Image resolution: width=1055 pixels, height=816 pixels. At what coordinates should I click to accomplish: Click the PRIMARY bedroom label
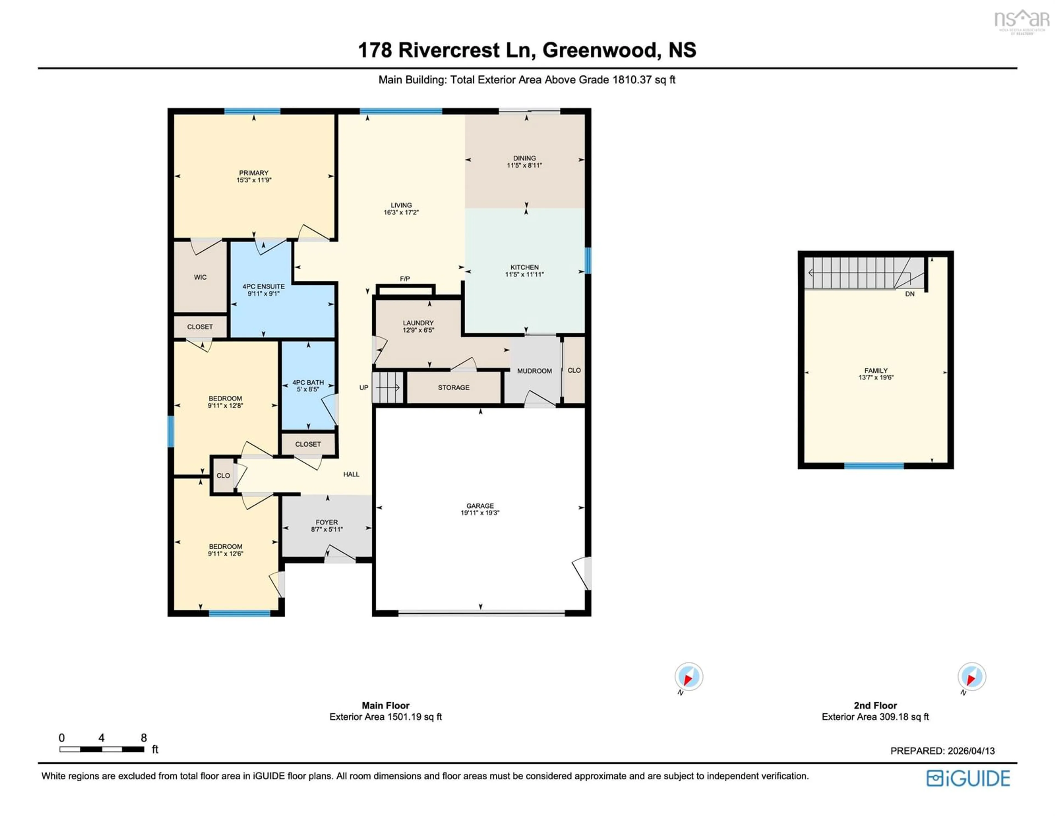[x=254, y=173]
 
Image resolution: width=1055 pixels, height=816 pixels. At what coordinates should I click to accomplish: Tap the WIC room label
[x=200, y=277]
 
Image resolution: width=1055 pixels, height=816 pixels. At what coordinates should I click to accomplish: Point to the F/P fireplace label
[x=405, y=279]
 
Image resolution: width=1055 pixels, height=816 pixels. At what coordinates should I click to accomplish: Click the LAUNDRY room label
[x=418, y=323]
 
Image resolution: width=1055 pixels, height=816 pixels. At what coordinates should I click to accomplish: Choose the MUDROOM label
[x=534, y=371]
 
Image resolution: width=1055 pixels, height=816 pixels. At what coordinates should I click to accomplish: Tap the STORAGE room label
[x=454, y=388]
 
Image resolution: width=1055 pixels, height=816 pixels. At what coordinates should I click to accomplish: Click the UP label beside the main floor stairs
[x=364, y=388]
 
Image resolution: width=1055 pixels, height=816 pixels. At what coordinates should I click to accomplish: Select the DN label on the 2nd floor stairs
[x=910, y=294]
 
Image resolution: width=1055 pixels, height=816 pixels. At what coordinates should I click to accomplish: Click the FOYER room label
[x=327, y=522]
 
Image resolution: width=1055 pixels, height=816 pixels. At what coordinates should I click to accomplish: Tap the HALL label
[x=351, y=474]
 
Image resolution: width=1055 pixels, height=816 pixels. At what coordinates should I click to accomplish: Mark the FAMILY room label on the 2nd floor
[x=876, y=370]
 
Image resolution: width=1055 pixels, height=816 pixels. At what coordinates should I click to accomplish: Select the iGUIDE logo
[x=968, y=778]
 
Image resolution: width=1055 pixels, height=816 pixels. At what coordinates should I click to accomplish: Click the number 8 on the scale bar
[x=143, y=738]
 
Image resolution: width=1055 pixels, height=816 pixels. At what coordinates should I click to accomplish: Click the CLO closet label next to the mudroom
[x=574, y=370]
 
